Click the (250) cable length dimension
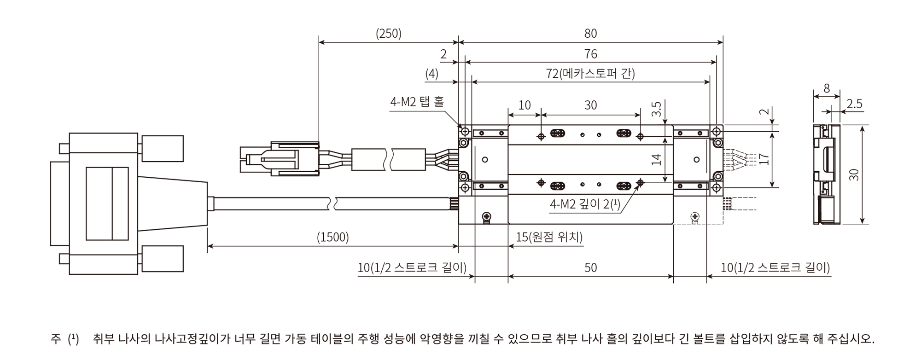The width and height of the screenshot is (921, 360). tap(389, 34)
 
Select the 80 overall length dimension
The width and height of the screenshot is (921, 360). tap(590, 34)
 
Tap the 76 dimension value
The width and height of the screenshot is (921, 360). tap(590, 54)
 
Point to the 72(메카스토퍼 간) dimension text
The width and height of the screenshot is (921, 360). tap(590, 74)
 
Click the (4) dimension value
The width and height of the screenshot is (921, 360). tap(431, 74)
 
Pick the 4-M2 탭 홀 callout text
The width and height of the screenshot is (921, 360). tap(417, 102)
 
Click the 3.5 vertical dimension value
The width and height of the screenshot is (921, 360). tap(657, 108)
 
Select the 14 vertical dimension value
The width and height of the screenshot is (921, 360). tap(657, 159)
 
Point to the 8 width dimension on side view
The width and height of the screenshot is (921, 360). tap(827, 88)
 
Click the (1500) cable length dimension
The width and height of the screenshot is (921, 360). tap(332, 237)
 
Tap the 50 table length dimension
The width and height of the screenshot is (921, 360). tap(590, 267)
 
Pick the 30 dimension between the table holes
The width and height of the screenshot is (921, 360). tap(590, 105)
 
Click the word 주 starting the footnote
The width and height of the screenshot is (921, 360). tap(56, 340)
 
